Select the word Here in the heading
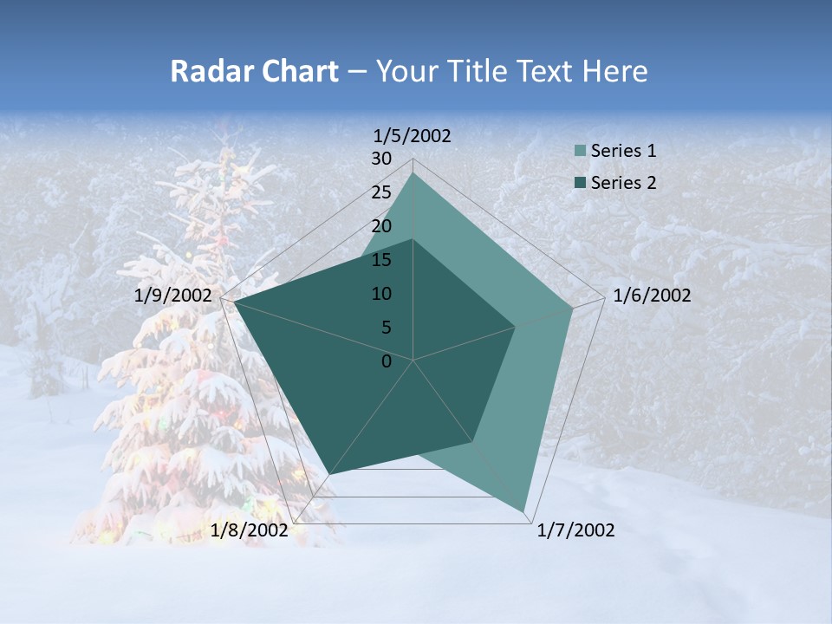615,72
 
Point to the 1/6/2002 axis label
652,296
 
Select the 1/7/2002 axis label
575,530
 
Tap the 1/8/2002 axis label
250,530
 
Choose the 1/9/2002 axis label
173,296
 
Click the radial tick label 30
381,159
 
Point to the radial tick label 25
381,192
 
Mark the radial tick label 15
381,260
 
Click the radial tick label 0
387,361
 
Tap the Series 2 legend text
623,183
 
